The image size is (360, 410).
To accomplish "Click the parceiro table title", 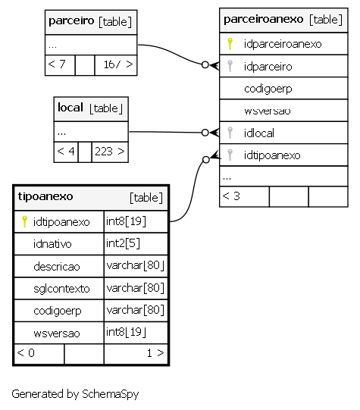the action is [x=71, y=20].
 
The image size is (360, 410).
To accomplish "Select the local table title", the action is [x=70, y=108].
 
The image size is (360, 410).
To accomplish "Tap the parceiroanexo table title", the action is [x=264, y=19].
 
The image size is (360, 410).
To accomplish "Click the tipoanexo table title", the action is [x=45, y=196].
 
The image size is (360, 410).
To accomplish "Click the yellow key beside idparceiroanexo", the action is [x=230, y=44].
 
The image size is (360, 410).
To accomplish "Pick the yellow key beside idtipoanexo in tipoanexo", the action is [x=24, y=221].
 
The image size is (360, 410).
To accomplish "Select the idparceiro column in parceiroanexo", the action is [x=268, y=67].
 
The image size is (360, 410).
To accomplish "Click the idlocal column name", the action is [x=259, y=133].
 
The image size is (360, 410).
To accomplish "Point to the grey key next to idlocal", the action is [x=230, y=133].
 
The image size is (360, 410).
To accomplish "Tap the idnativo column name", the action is [x=52, y=244].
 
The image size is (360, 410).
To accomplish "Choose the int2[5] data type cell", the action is [x=123, y=243].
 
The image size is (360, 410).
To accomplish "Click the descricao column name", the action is [x=57, y=267].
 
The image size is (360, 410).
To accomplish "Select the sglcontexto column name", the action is [x=61, y=289].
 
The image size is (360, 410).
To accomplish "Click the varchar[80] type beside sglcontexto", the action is [x=136, y=288].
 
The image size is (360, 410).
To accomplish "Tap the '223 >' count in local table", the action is [x=110, y=152].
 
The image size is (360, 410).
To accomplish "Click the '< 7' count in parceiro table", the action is [x=57, y=64].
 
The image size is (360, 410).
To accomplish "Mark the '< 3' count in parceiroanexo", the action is [x=231, y=196].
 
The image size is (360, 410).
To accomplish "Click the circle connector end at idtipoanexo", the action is [x=206, y=159].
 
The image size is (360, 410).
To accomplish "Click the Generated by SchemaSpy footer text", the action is [x=75, y=394].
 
